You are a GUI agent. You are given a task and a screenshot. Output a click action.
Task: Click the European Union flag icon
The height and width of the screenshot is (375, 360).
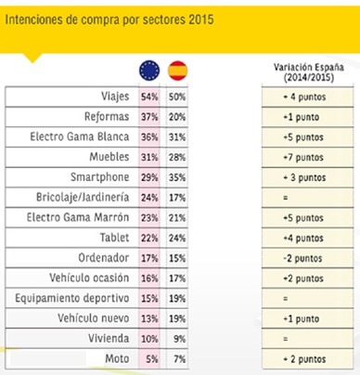[x=148, y=70]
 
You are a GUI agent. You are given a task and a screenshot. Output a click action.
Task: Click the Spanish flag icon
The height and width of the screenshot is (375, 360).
[x=179, y=70]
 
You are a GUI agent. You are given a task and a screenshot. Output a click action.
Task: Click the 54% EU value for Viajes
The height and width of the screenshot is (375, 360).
[x=148, y=97]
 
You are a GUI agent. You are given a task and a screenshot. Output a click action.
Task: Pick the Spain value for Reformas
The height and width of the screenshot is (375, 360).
[x=179, y=116]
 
